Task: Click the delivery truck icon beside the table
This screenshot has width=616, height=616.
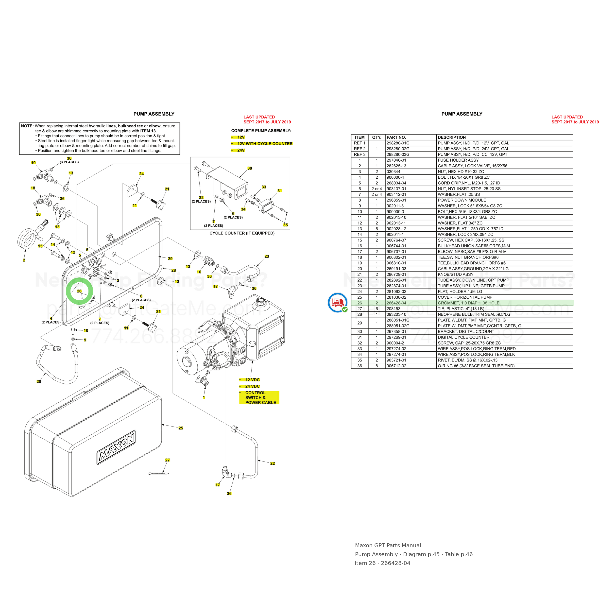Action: [x=338, y=302]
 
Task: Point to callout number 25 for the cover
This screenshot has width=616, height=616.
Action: [x=181, y=428]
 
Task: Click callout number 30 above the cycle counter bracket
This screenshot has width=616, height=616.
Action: [x=250, y=168]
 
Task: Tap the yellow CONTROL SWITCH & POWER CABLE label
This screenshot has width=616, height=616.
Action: [x=259, y=398]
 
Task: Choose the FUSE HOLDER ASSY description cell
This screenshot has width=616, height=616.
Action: [x=458, y=160]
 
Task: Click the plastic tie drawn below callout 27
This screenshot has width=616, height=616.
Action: [x=158, y=474]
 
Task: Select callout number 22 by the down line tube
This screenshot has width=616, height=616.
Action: [x=272, y=463]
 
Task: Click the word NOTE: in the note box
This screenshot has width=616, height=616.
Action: [x=27, y=126]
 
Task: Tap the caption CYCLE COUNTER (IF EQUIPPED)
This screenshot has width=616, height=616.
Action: [x=242, y=233]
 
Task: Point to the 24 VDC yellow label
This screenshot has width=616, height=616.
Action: [x=252, y=386]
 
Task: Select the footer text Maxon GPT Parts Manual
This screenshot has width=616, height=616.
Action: [x=388, y=545]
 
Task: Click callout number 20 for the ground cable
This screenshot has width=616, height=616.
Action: [x=39, y=381]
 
